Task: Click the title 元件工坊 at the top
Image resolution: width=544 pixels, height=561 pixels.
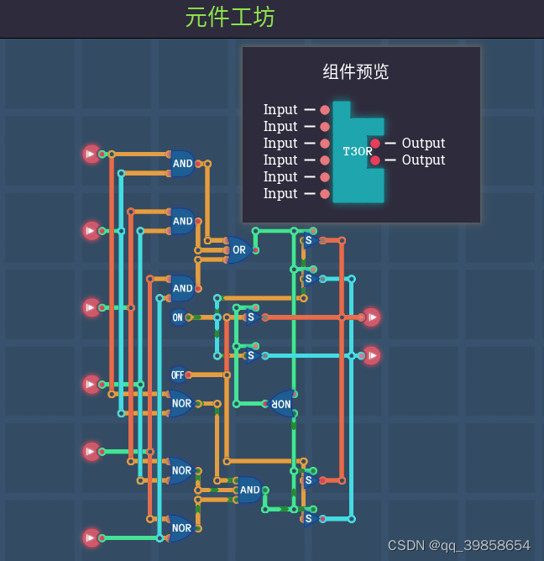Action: click(x=230, y=18)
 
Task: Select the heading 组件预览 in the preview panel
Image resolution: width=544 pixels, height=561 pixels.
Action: click(x=356, y=72)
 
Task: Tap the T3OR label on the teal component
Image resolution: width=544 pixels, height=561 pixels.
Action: click(x=357, y=152)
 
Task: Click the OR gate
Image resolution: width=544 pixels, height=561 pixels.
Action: click(x=238, y=249)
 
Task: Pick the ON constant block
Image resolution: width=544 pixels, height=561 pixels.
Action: click(x=177, y=317)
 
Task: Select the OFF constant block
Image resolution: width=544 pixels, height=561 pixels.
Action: click(x=177, y=375)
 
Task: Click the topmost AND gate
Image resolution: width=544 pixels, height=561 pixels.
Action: click(x=182, y=164)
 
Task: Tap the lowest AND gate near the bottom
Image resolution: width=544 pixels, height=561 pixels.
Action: click(x=249, y=490)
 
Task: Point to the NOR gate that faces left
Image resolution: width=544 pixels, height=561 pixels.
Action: click(x=281, y=403)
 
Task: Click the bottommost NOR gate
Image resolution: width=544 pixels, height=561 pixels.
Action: click(x=181, y=528)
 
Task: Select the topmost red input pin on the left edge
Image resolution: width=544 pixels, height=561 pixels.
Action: click(x=91, y=154)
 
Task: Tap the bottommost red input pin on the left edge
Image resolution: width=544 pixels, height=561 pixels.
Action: click(x=91, y=537)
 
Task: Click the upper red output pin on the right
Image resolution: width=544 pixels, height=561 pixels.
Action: click(x=371, y=317)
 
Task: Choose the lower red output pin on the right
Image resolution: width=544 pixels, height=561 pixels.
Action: click(x=371, y=355)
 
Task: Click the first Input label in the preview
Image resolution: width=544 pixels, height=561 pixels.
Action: click(x=280, y=110)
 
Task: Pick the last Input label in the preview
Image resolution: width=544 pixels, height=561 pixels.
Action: click(x=280, y=194)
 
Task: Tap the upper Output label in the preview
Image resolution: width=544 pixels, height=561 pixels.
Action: click(x=423, y=144)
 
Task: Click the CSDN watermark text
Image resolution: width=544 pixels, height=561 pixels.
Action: click(x=458, y=545)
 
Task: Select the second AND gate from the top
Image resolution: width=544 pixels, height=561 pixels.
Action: click(x=182, y=222)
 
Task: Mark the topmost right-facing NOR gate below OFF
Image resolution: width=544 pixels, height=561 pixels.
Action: click(x=181, y=403)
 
